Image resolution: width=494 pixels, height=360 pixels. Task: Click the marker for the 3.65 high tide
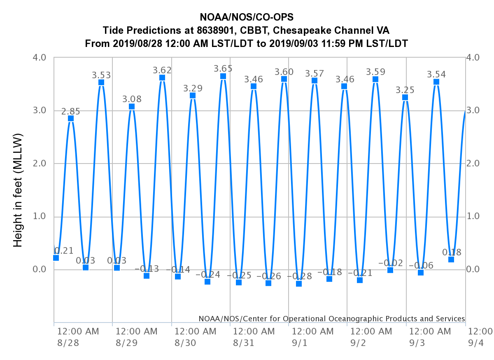click(223, 76)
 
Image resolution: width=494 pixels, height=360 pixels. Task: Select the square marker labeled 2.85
click(71, 118)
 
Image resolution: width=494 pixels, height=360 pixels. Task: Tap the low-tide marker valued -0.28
click(299, 284)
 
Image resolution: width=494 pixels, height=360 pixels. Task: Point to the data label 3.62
click(162, 70)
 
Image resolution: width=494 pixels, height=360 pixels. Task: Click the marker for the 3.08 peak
click(132, 106)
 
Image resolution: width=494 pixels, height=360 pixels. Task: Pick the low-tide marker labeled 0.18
click(451, 259)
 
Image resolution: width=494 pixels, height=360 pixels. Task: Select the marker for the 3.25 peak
click(405, 97)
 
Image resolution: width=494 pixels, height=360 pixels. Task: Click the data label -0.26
click(268, 276)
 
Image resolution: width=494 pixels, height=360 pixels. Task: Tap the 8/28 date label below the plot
click(65, 343)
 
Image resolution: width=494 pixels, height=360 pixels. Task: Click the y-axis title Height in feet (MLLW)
click(18, 190)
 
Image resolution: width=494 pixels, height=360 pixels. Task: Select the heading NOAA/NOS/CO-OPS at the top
click(247, 17)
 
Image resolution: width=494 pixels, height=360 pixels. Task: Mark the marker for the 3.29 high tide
click(193, 95)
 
